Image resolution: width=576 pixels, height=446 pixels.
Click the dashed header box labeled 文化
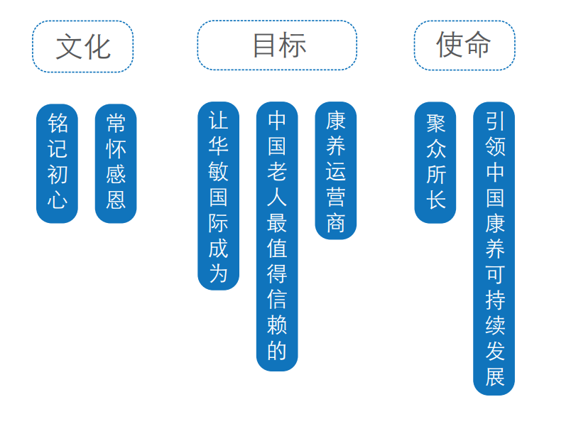[82, 46]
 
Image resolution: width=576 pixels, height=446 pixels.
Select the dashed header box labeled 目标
[277, 45]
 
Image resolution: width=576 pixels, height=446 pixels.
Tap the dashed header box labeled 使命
[464, 45]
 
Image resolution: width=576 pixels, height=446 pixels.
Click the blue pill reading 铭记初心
[58, 163]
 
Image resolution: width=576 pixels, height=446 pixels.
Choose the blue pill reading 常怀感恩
[116, 163]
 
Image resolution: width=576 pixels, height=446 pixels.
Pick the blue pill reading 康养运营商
[336, 170]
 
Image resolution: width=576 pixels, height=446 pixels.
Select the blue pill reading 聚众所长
[435, 163]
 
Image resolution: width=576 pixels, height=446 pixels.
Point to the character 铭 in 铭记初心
[58, 124]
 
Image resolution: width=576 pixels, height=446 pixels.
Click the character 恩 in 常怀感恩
[116, 200]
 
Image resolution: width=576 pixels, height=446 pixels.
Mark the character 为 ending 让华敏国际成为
[218, 273]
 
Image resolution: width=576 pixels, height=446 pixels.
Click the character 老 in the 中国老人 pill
[277, 171]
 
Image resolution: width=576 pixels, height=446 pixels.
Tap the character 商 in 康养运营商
[336, 222]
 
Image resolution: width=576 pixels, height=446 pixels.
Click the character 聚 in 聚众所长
[435, 124]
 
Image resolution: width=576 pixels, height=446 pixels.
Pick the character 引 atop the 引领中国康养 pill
[494, 120]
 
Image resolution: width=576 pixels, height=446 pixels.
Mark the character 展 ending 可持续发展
[494, 376]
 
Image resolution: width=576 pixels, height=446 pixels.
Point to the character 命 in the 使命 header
[478, 45]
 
